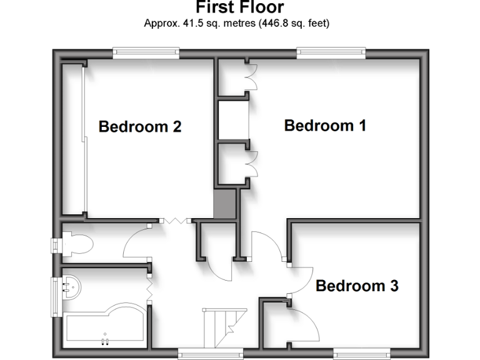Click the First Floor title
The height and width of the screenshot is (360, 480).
[240, 7]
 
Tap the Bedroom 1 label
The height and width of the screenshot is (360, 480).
[325, 126]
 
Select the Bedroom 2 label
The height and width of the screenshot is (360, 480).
[140, 127]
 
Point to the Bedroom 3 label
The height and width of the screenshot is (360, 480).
[357, 286]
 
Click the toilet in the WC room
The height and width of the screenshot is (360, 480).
[76, 244]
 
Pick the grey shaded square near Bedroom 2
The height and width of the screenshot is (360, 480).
[225, 205]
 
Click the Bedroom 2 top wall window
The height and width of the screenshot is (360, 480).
[146, 53]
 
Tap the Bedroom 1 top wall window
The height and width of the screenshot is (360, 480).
[331, 53]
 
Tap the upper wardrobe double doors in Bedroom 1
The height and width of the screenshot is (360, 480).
[251, 77]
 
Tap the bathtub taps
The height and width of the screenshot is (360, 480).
[104, 341]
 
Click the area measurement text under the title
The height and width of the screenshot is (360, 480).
[237, 24]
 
